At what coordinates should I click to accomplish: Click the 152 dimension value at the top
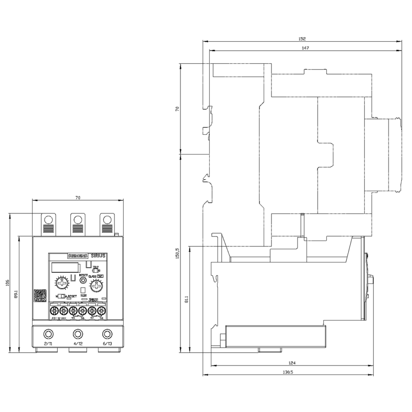(302, 39)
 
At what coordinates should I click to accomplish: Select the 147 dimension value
(305, 48)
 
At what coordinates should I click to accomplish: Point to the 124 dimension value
(292, 363)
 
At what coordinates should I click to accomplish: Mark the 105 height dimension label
(8, 283)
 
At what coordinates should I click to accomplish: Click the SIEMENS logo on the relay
(78, 256)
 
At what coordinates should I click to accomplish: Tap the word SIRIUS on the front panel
(98, 255)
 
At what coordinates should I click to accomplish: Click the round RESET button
(82, 280)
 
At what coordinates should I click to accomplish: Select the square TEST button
(83, 290)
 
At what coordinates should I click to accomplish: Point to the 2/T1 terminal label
(48, 343)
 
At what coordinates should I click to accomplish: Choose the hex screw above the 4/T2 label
(78, 334)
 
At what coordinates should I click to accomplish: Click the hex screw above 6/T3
(107, 334)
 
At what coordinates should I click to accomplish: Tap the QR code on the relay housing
(40, 295)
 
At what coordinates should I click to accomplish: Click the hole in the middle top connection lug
(78, 219)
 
